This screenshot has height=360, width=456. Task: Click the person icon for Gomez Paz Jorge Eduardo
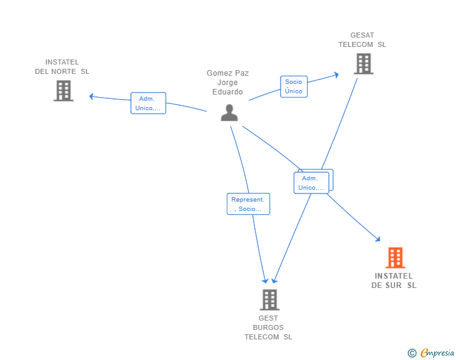[x=229, y=112]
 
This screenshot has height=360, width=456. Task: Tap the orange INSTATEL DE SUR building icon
[x=395, y=257]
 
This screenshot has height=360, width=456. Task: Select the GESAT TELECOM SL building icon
[x=363, y=63]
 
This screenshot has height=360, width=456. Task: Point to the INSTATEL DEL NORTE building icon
[x=63, y=91]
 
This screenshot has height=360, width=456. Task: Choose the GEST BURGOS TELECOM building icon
[x=269, y=300]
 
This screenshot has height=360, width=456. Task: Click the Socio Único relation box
[x=293, y=86]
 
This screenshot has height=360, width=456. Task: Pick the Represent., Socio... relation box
[x=248, y=204]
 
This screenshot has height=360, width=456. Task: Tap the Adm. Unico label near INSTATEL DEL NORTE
[x=148, y=103]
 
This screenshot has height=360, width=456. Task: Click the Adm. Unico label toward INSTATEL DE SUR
[x=311, y=183]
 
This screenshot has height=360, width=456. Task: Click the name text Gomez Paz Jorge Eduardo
[x=228, y=82]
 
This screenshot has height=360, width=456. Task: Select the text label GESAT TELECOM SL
[x=362, y=40]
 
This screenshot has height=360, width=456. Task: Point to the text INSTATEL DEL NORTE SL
[x=62, y=66]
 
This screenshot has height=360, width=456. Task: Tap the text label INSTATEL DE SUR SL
[x=394, y=280]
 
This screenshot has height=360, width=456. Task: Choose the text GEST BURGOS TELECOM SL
[x=268, y=327]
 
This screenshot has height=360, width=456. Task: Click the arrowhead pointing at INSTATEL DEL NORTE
[x=91, y=96]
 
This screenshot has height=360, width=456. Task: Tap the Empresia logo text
[x=437, y=353]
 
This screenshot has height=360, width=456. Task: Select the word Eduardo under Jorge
[x=228, y=92]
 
